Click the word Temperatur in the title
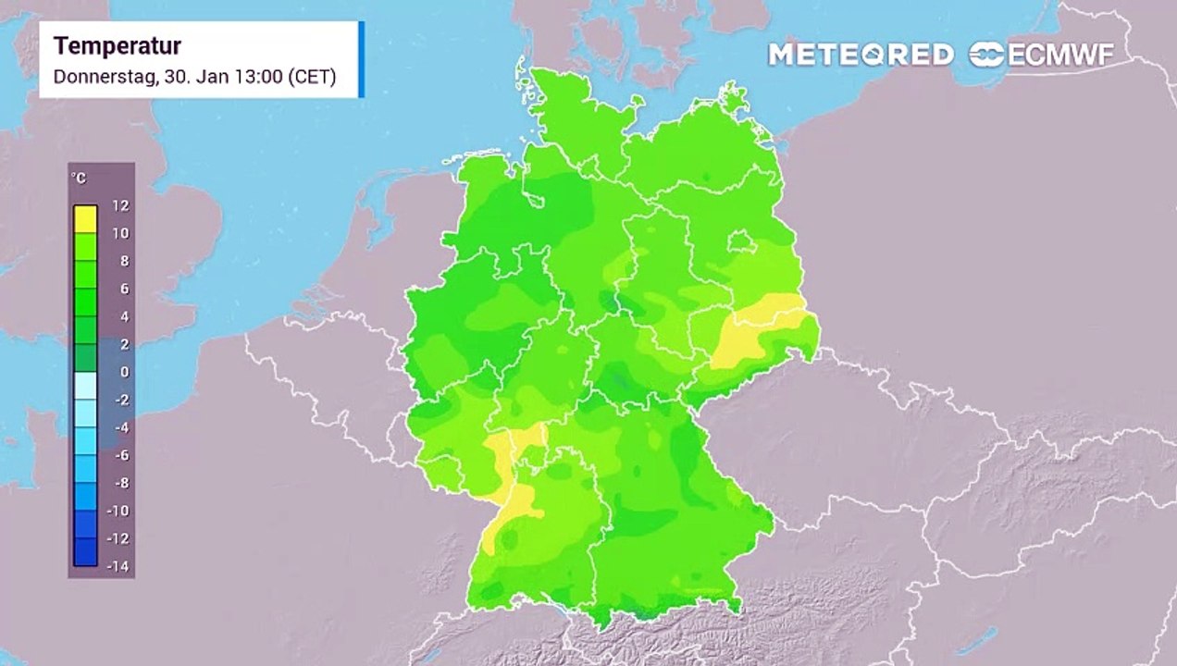tap(117, 46)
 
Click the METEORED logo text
tap(861, 55)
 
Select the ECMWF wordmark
tap(1059, 55)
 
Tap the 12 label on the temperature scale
tap(120, 205)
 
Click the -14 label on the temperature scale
tap(118, 566)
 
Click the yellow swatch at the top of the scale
tap(85, 218)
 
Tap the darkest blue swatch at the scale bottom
tap(85, 552)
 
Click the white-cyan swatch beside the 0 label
tap(85, 385)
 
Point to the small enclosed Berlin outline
tap(741, 242)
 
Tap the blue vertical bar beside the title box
tap(361, 59)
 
